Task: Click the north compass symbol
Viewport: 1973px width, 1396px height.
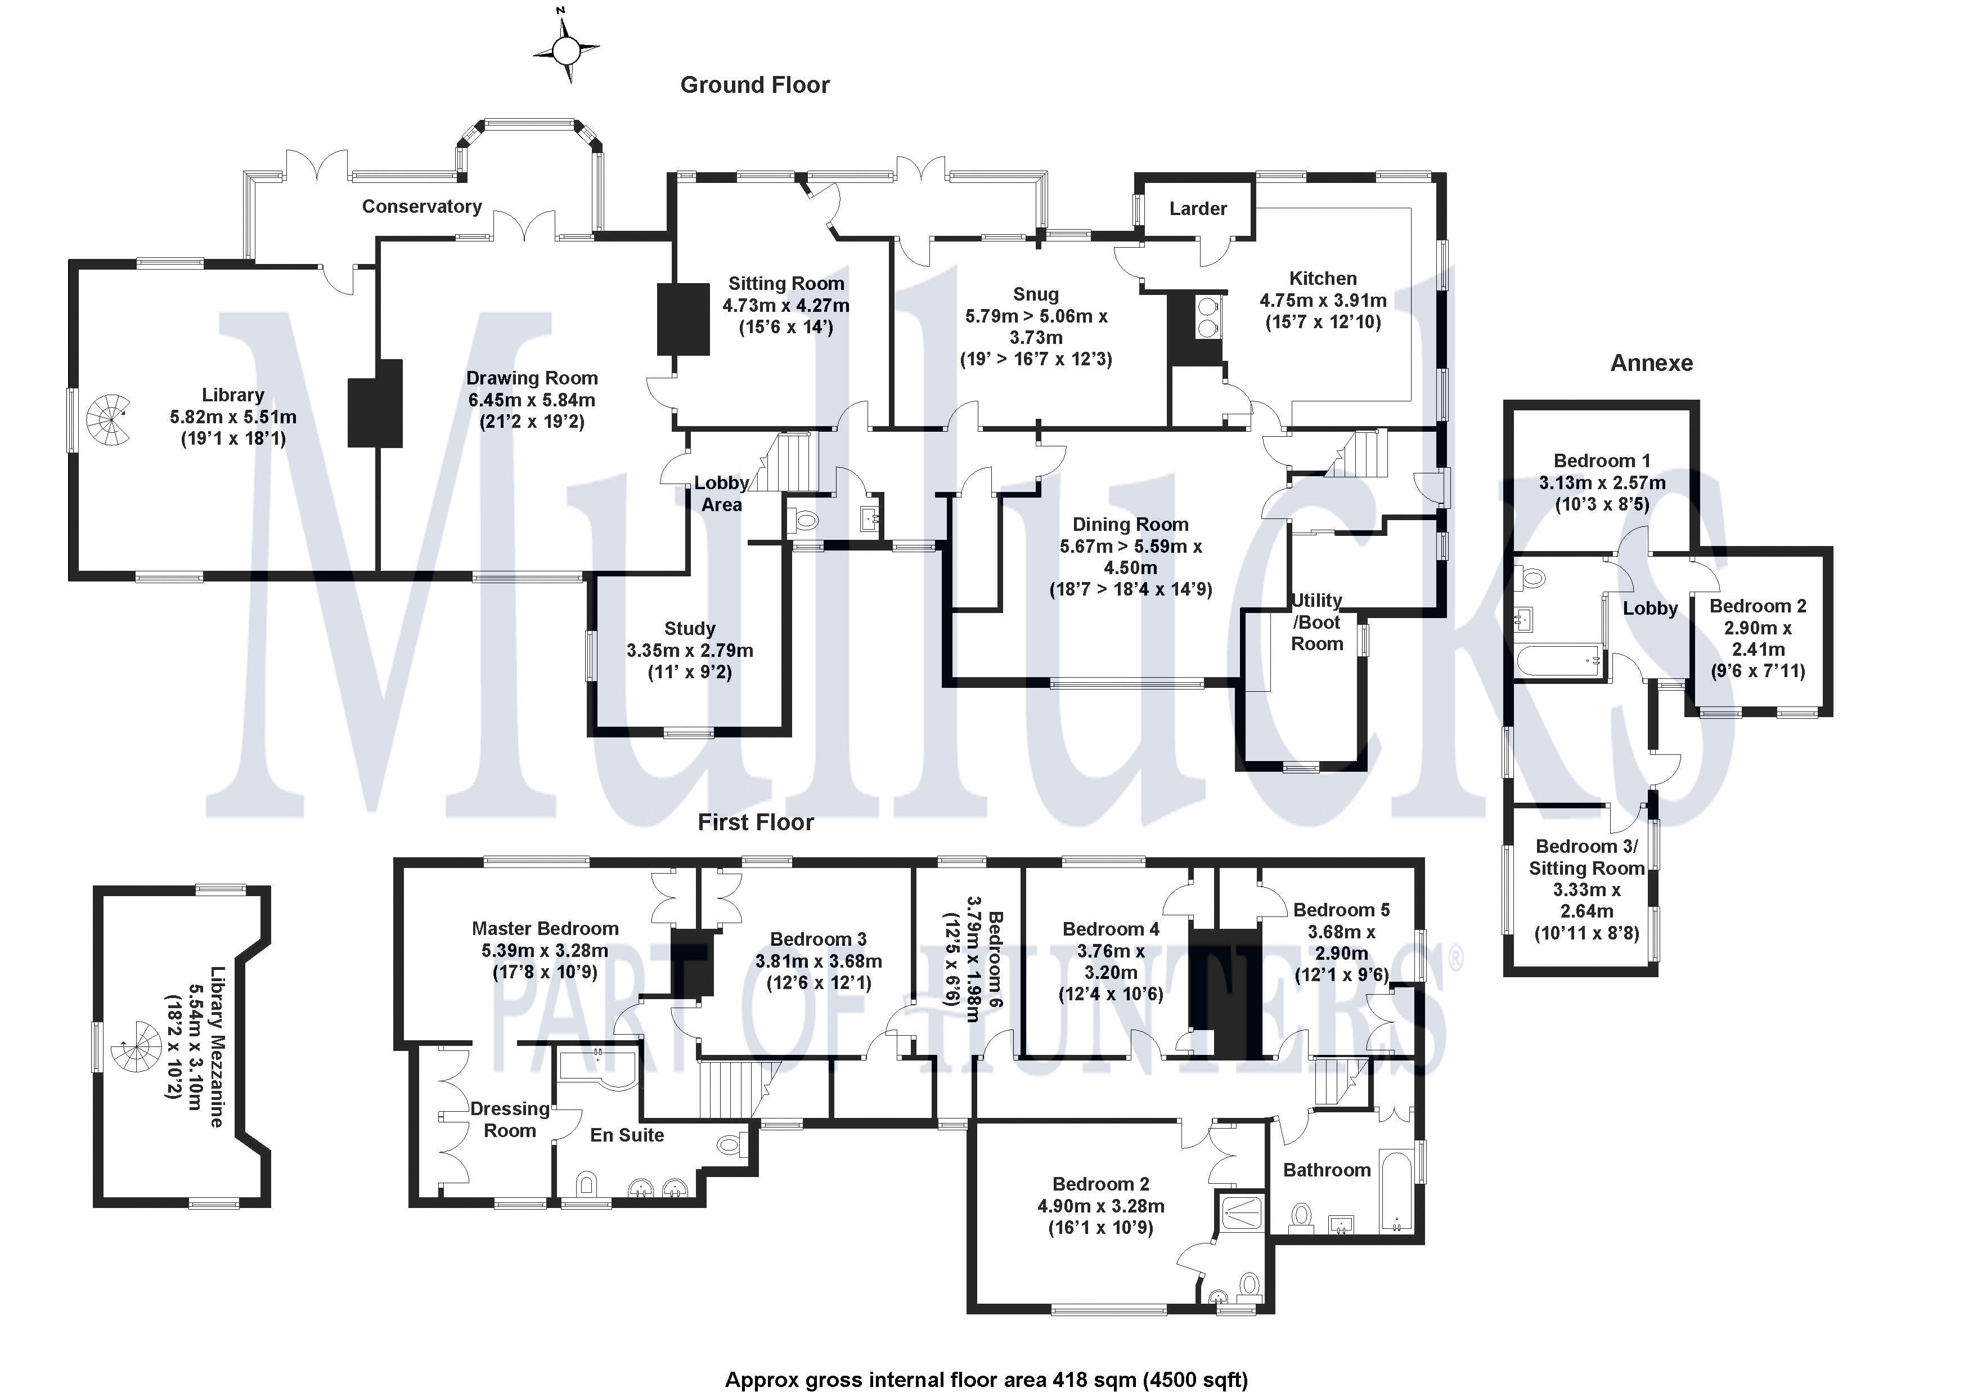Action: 565,52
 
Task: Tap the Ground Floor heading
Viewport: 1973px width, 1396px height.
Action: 754,85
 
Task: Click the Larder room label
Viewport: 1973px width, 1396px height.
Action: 1198,209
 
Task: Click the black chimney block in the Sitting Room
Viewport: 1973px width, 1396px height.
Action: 683,319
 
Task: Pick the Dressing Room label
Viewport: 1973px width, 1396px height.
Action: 510,1119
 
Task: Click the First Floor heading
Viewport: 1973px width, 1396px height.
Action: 756,822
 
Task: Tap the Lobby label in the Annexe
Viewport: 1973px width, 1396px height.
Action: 1650,608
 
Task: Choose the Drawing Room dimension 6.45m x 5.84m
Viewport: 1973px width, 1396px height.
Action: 531,400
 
